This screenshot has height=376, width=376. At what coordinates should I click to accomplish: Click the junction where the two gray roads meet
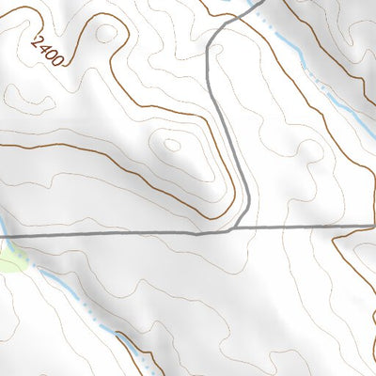coord(233,228)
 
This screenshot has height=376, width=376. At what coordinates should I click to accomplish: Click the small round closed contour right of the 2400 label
coord(107,33)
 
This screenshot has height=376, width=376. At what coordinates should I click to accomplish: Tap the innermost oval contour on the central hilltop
coord(172,145)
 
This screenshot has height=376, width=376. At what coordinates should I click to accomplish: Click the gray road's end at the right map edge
coord(373,227)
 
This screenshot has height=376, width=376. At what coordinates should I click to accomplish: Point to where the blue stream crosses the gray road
coord(3,235)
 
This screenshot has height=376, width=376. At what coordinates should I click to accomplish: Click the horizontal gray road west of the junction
coord(113,233)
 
